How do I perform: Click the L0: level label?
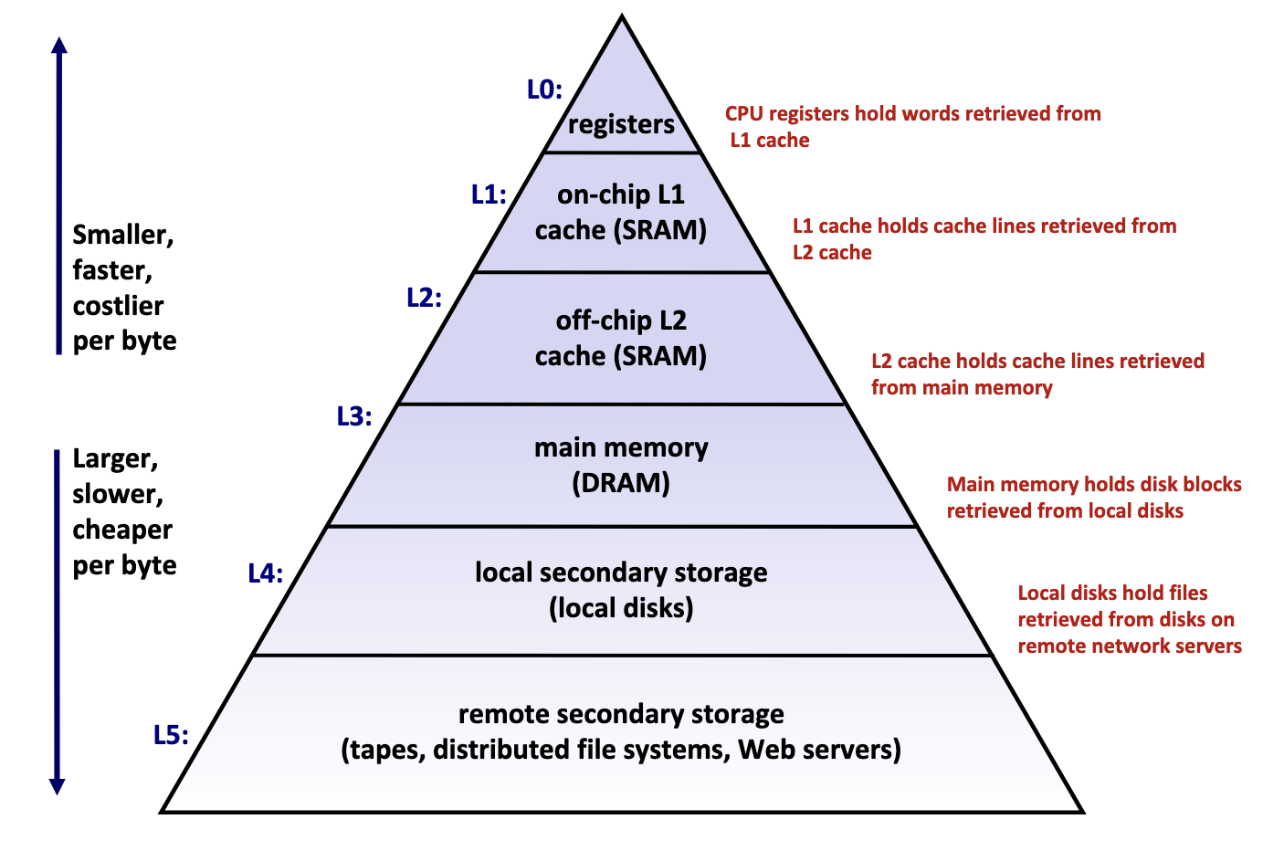coord(544,89)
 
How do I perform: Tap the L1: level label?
coord(489,194)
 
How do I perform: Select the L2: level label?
coord(424,298)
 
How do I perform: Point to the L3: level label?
coord(354,416)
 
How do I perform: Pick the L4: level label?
coord(266,573)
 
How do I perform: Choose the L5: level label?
coord(171,735)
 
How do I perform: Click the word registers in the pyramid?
coord(621,124)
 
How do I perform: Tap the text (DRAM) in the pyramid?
coord(621,483)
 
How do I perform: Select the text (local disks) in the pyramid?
coord(621,608)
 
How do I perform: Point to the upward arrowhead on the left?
coord(59,46)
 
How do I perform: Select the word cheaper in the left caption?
coord(122,530)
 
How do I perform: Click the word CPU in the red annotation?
coord(744,114)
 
